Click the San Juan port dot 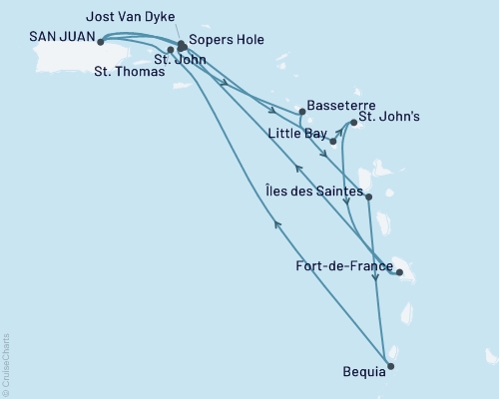pyautogui.click(x=101, y=42)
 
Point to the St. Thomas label pyautogui.click(x=124, y=71)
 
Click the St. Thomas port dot pyautogui.click(x=171, y=49)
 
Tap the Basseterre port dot pyautogui.click(x=301, y=112)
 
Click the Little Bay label pyautogui.click(x=296, y=132)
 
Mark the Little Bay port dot pyautogui.click(x=333, y=142)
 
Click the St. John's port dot pyautogui.click(x=352, y=123)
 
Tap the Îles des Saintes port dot pyautogui.click(x=369, y=198)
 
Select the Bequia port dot pyautogui.click(x=390, y=366)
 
